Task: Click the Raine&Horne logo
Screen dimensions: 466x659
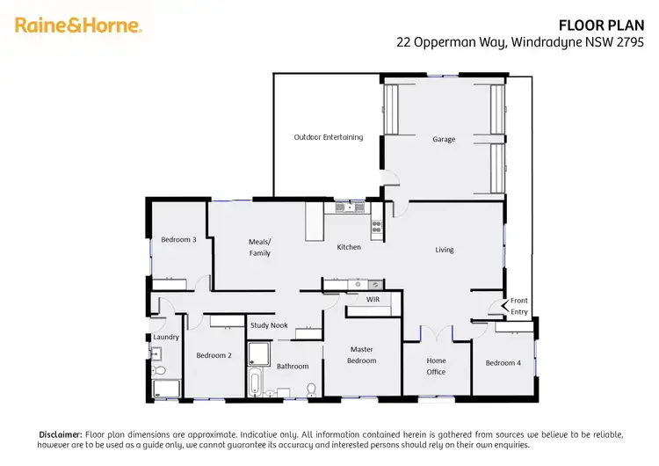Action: (78, 25)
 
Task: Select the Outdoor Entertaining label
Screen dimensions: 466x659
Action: (328, 137)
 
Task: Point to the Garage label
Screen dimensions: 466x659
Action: (444, 139)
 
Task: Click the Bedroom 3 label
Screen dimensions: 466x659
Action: (178, 239)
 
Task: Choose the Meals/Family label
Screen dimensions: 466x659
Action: (260, 247)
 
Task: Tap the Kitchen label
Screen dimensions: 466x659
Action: (349, 247)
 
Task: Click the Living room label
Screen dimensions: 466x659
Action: (445, 250)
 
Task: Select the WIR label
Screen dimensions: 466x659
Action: (373, 300)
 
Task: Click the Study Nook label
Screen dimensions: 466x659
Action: (269, 325)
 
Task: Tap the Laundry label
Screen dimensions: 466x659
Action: (166, 337)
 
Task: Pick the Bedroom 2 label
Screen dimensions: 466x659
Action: (214, 355)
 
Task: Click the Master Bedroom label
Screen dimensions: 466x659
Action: (362, 354)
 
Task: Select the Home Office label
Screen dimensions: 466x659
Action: (437, 366)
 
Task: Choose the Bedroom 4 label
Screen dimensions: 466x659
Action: (503, 363)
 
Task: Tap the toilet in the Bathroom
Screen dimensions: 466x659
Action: (311, 388)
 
